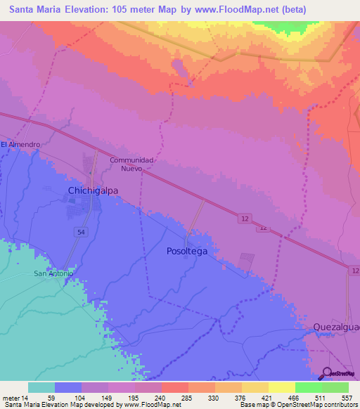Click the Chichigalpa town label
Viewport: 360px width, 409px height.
tap(93, 190)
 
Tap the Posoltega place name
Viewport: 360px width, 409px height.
tap(186, 251)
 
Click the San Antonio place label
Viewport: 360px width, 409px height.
tap(54, 273)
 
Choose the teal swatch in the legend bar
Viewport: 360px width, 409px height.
tap(41, 387)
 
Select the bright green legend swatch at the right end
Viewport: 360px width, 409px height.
tap(335, 387)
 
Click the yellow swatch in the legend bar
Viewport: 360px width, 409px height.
tap(281, 387)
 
